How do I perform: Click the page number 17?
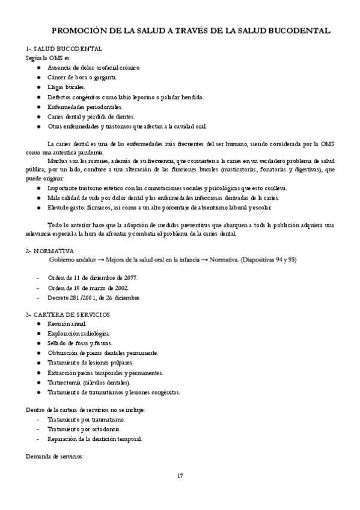click(x=180, y=476)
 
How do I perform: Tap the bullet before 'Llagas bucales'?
click(x=39, y=87)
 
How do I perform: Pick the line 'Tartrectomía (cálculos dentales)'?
click(x=88, y=382)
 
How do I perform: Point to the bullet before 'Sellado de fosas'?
click(x=39, y=343)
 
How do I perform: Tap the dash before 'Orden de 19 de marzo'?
click(x=39, y=287)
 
